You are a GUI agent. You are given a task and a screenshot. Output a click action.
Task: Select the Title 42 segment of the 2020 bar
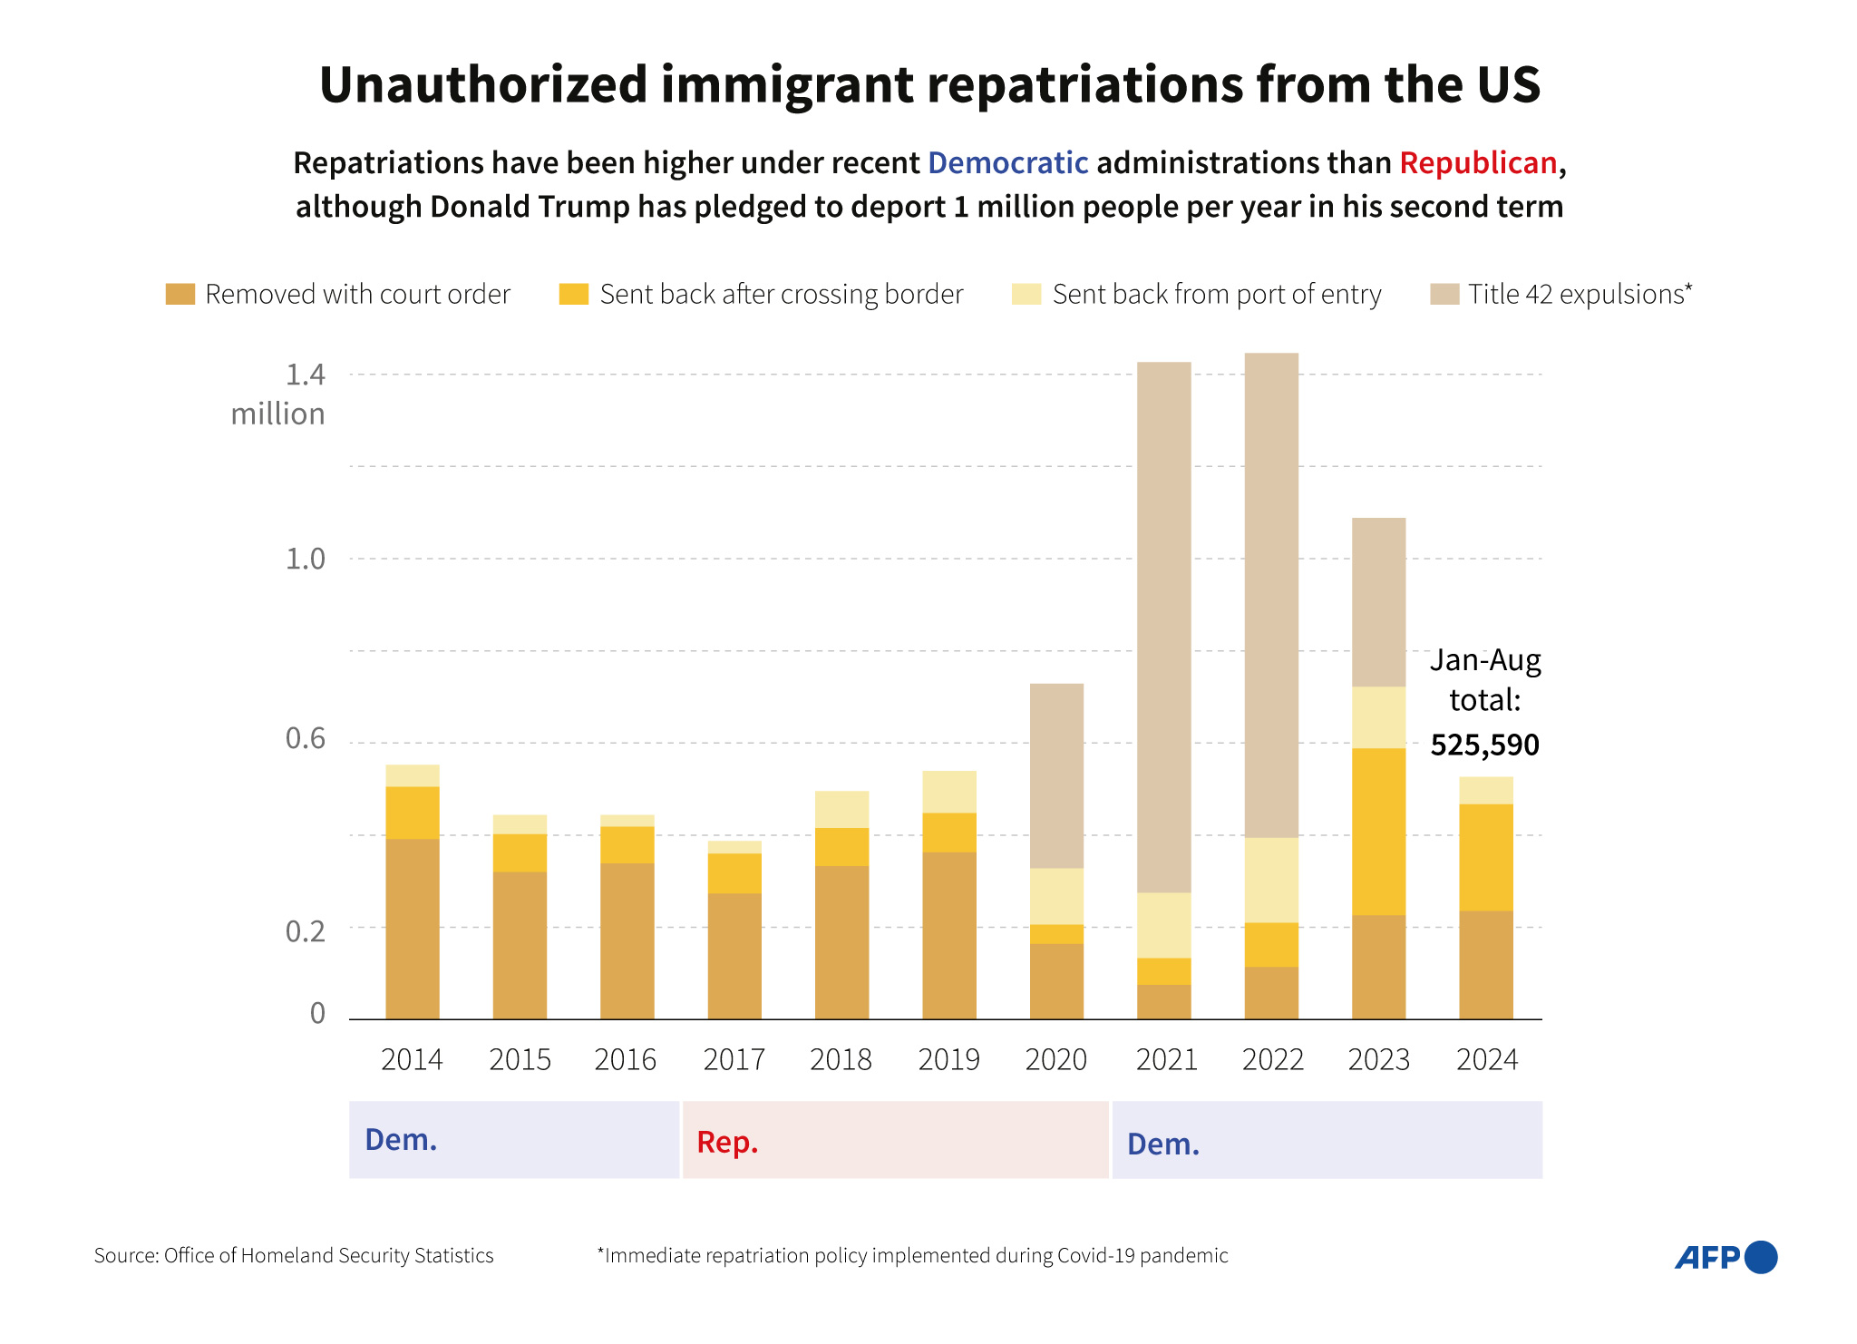[1056, 775]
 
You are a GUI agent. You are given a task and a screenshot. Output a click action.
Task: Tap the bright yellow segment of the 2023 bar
[1378, 831]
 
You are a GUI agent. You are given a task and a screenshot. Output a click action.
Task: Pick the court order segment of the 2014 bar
[413, 929]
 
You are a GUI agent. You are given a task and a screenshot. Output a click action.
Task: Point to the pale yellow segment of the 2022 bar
[1271, 880]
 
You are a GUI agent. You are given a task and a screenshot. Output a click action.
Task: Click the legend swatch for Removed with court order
[180, 294]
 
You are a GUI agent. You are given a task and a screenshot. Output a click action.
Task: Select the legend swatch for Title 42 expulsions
[1444, 294]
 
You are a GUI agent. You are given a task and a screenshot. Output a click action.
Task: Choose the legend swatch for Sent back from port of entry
[1026, 294]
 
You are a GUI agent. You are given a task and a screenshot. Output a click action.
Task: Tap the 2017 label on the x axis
[734, 1059]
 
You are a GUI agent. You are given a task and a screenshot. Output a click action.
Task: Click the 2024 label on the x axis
[1486, 1059]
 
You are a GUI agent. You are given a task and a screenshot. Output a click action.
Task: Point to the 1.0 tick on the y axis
[305, 559]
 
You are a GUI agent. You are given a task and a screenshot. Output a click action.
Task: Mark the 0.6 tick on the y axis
[305, 738]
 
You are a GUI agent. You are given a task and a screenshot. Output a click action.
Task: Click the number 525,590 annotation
[1484, 745]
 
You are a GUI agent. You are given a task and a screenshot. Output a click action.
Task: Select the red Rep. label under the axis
[727, 1142]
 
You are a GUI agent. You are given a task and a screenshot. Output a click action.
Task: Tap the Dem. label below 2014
[401, 1140]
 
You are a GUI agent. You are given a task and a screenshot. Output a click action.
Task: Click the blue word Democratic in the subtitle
[1007, 163]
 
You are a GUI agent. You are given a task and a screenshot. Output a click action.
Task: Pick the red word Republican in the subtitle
[1478, 163]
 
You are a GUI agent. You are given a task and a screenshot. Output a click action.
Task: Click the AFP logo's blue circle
[1760, 1257]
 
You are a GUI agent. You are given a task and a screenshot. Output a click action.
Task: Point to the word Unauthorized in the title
[483, 84]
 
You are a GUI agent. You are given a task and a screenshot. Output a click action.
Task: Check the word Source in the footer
[125, 1255]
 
